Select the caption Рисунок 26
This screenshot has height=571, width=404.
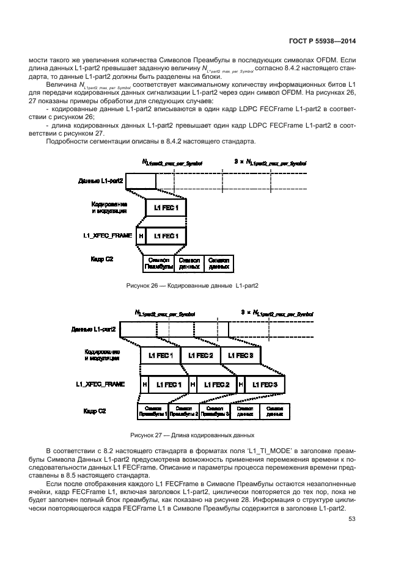pos(193,285)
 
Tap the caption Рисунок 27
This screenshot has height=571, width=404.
pos(191,435)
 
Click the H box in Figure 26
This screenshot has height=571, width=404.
pos(141,235)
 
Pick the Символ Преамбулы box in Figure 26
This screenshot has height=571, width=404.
pos(158,263)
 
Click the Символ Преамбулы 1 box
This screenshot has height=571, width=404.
pos(153,411)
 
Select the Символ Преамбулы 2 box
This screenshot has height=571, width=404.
pos(184,411)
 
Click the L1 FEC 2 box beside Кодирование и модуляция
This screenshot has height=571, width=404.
pos(201,355)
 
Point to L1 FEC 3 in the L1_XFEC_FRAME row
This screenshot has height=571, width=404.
pos(265,385)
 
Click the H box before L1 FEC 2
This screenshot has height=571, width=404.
pos(193,385)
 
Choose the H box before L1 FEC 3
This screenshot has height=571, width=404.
pos(241,385)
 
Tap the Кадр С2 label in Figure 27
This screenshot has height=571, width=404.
pos(94,411)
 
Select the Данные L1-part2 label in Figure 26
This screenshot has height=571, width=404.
pos(101,181)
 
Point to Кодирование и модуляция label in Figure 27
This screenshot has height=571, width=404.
pos(103,355)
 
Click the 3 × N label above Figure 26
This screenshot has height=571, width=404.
pos(270,162)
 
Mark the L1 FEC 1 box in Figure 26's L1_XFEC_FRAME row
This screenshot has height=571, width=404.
pos(166,235)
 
